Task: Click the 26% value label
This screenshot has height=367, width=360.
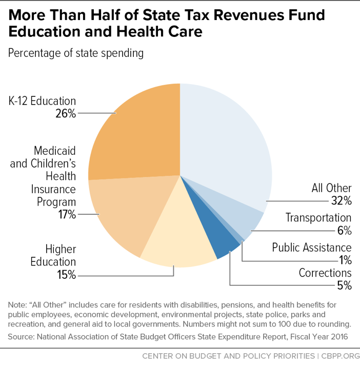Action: click(x=66, y=113)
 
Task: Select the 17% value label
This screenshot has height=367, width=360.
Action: click(x=67, y=214)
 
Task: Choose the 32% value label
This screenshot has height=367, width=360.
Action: click(x=342, y=200)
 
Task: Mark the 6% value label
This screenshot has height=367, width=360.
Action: click(x=345, y=230)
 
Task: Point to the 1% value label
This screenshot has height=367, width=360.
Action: click(x=345, y=260)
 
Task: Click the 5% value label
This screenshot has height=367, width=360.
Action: click(x=345, y=285)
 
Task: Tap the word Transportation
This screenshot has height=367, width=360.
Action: click(x=318, y=218)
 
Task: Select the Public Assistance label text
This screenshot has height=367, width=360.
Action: click(x=312, y=248)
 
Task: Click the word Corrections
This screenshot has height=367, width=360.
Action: click(x=325, y=273)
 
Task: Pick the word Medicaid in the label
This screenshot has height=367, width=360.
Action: click(x=55, y=151)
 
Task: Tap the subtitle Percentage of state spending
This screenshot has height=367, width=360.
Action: click(x=76, y=53)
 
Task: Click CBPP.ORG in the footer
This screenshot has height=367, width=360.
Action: click(x=341, y=356)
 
